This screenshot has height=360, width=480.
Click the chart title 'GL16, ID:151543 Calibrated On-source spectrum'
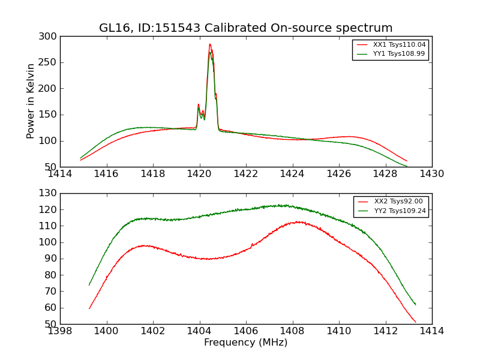point(245,28)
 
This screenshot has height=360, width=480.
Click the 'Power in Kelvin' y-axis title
point(31,101)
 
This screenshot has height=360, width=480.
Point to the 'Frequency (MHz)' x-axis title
point(245,343)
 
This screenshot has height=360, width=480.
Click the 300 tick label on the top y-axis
point(49,37)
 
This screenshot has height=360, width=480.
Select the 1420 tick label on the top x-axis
point(199,174)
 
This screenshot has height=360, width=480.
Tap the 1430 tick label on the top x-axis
point(431,174)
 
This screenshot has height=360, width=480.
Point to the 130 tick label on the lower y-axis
point(49,194)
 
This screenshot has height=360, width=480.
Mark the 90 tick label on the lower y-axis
point(51,259)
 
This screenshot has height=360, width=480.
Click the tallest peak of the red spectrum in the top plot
point(209,44)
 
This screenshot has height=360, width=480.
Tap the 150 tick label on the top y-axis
point(49,115)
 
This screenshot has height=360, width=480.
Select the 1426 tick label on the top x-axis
point(338,174)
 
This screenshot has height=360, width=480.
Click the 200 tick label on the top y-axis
point(49,89)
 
